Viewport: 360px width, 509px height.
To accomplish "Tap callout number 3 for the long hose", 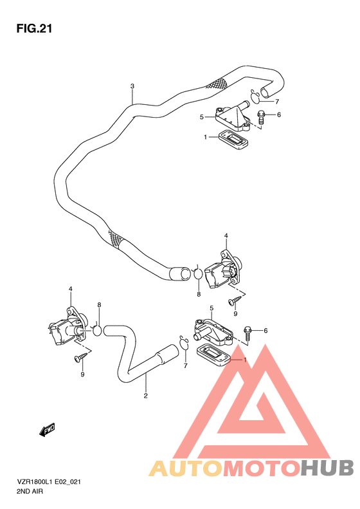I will click(132, 86).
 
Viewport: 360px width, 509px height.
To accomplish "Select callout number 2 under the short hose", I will click(146, 395).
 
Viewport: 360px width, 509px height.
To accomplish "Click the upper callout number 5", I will click(201, 117).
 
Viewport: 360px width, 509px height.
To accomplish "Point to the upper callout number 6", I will click(279, 115).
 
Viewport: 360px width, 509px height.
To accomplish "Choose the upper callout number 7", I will click(277, 101).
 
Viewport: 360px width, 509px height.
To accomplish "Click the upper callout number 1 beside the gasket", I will click(205, 137).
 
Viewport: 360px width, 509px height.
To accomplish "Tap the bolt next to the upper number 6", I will click(262, 117).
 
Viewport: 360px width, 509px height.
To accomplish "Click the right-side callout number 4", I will click(226, 236).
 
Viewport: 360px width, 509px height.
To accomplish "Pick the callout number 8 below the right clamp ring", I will click(199, 294).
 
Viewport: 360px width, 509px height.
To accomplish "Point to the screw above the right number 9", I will click(233, 301).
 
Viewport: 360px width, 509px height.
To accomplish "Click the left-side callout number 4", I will click(71, 289).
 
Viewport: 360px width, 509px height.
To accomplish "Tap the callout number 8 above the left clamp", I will click(99, 304).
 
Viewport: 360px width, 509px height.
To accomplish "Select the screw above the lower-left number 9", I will click(81, 356).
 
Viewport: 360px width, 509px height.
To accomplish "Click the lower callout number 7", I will click(184, 366).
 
